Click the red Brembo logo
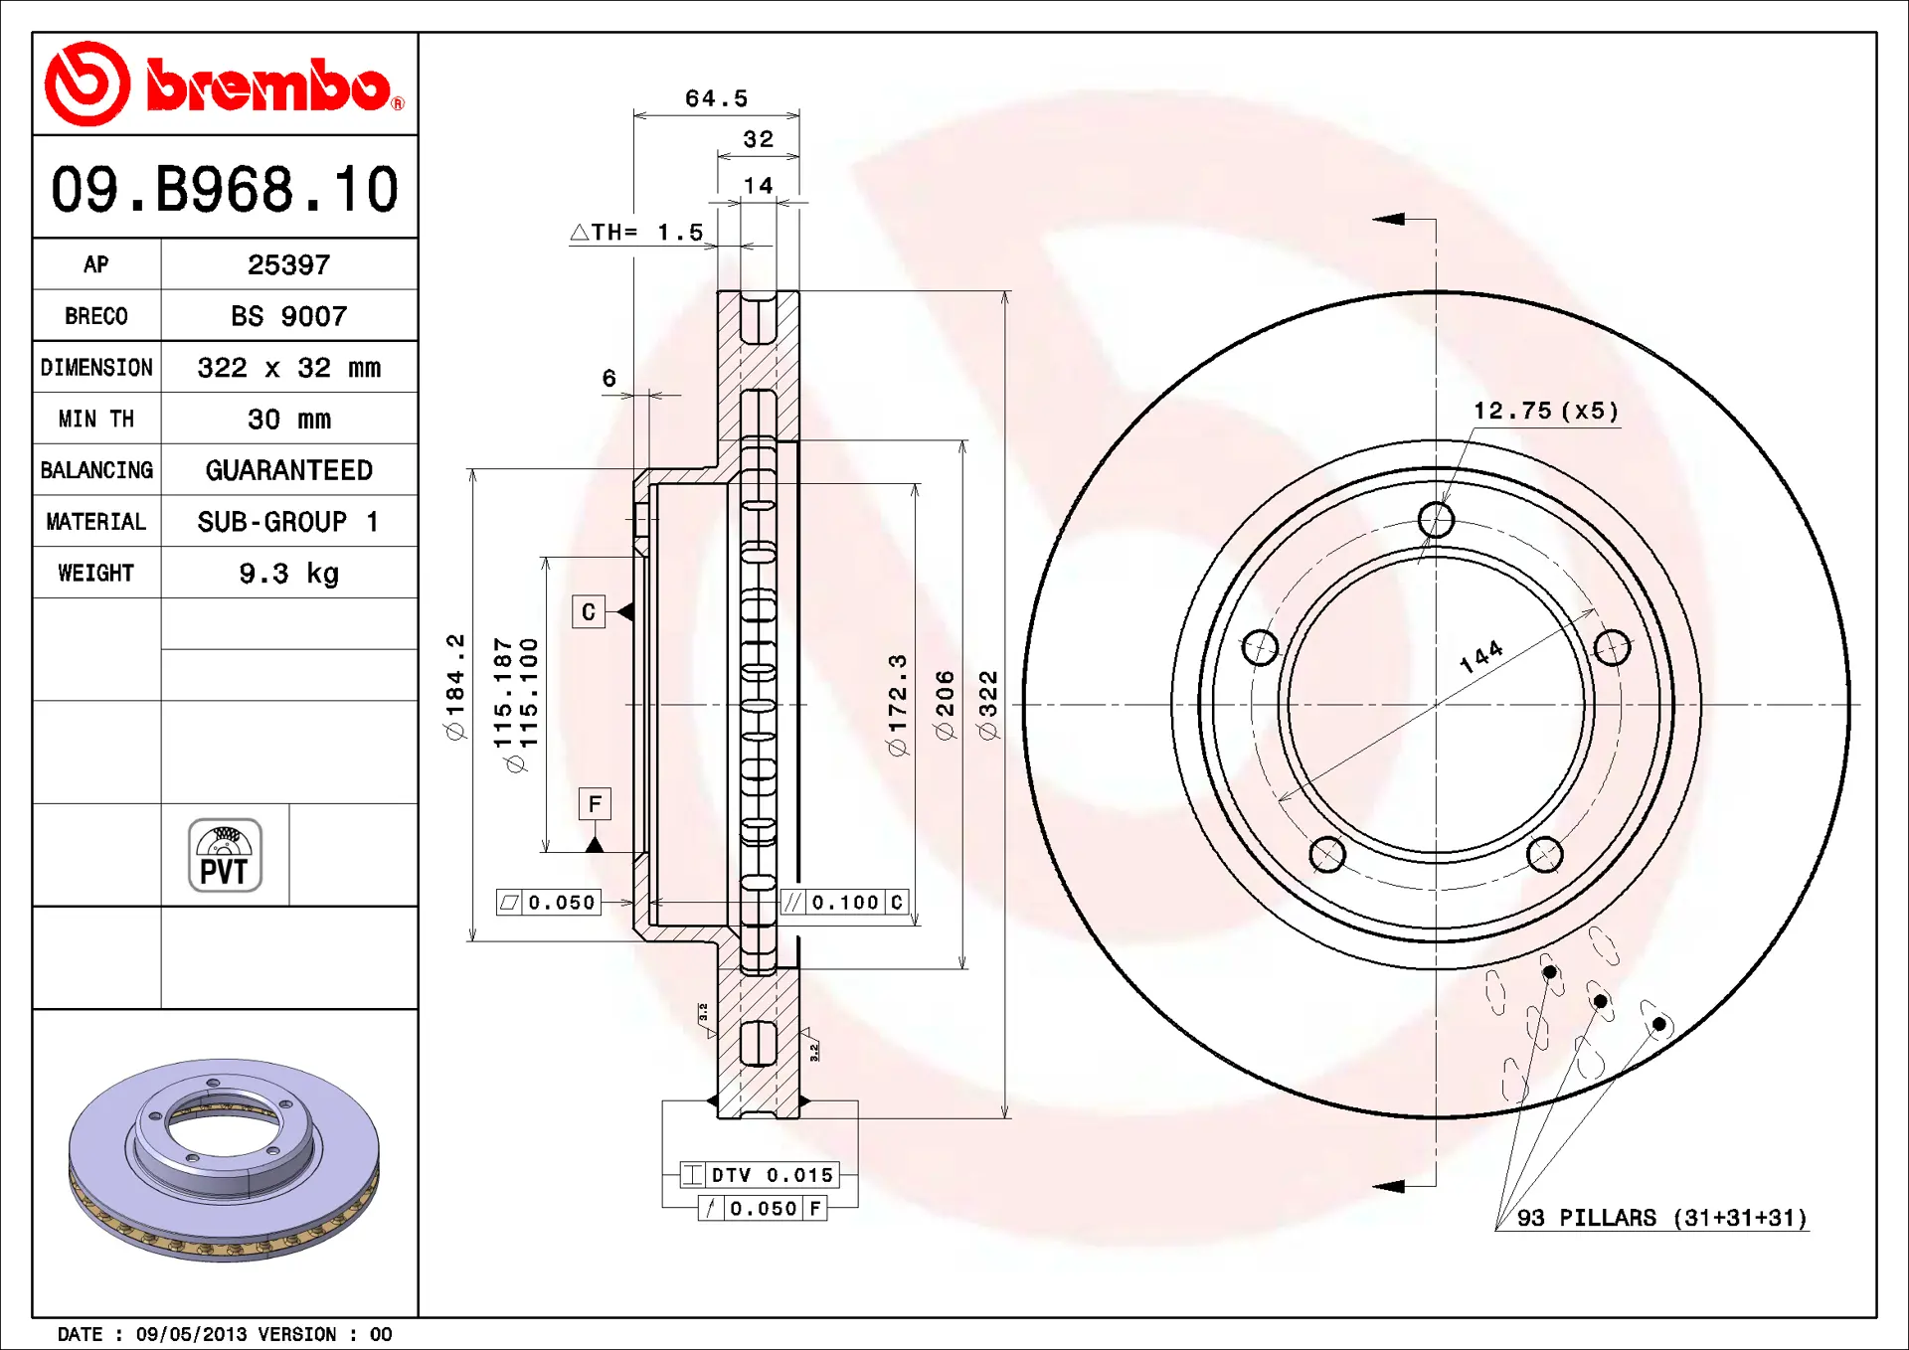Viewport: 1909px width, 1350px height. [225, 84]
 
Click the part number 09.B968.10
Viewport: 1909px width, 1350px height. [225, 189]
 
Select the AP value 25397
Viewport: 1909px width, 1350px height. [288, 264]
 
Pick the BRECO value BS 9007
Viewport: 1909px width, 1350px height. [288, 316]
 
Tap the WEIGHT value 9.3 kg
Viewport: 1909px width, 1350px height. [288, 574]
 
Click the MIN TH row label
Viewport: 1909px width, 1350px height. [96, 419]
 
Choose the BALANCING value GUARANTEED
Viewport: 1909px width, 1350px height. [288, 470]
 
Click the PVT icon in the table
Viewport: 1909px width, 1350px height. [226, 855]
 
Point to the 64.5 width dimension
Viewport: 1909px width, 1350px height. [716, 98]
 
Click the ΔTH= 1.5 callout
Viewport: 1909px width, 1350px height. [636, 232]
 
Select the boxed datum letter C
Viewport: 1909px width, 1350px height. [589, 611]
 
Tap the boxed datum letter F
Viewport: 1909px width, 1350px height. [595, 803]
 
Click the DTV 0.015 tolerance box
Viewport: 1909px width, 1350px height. [760, 1175]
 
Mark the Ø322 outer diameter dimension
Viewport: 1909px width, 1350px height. [987, 705]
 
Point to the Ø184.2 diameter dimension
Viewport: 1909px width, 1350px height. [455, 687]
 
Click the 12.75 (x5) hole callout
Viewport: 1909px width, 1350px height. [1546, 411]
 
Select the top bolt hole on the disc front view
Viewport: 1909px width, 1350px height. [1436, 519]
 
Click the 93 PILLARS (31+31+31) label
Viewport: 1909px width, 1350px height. [1661, 1218]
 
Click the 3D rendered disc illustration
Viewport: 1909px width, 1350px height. [225, 1159]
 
